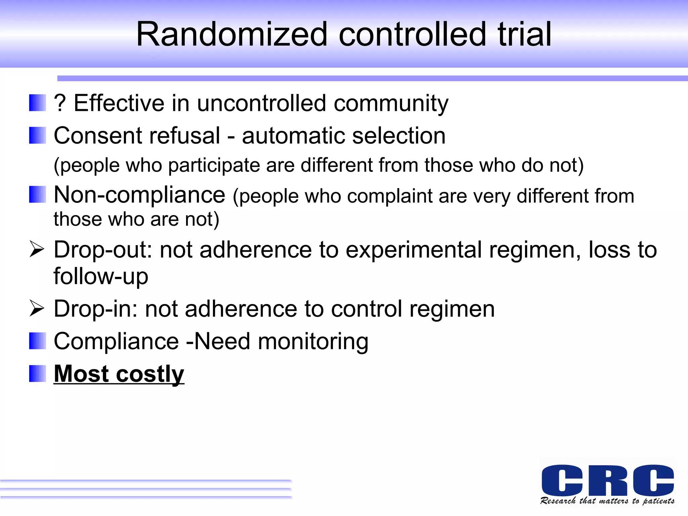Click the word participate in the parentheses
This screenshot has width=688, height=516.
point(214,166)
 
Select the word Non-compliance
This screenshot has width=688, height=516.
point(139,195)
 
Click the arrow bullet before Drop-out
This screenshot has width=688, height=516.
point(37,249)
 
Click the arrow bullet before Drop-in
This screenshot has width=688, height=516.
point(37,308)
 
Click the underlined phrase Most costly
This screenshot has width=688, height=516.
point(119,374)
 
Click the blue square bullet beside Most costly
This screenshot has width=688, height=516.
point(37,374)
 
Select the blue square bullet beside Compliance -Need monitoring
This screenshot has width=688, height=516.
point(37,341)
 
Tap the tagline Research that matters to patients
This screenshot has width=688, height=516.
point(607,501)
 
